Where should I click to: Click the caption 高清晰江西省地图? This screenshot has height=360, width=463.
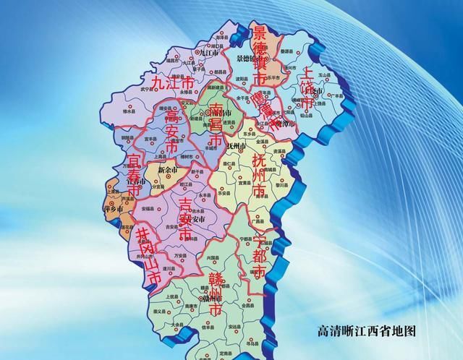tap(368, 331)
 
